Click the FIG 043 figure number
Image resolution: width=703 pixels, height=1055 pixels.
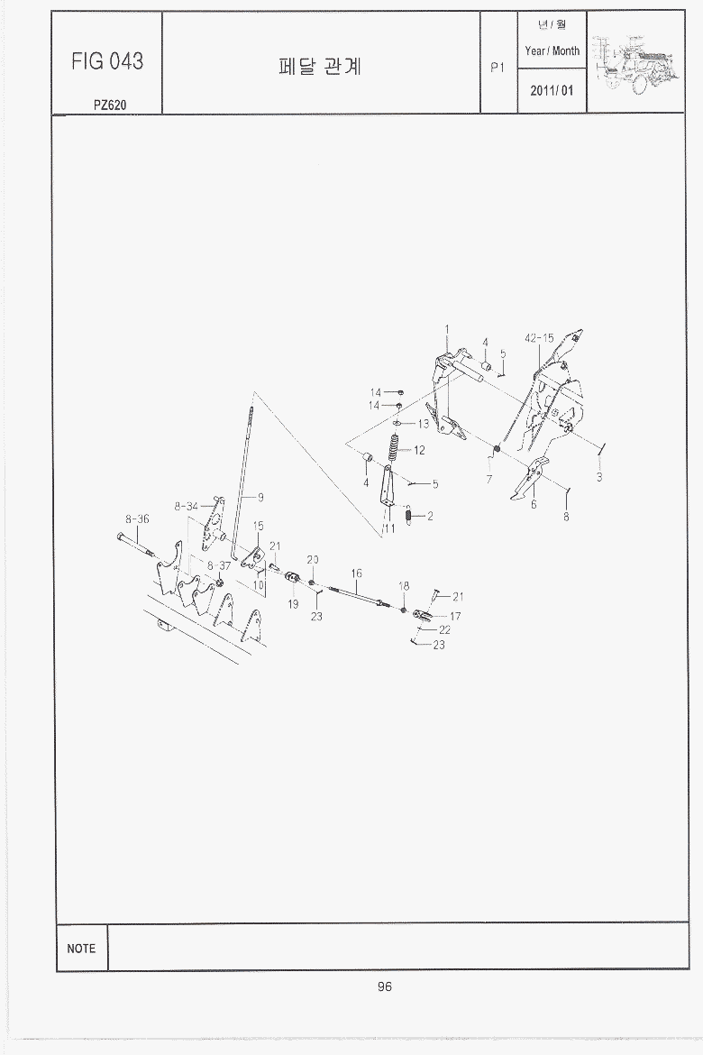coord(107,61)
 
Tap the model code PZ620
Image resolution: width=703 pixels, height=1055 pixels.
coord(110,105)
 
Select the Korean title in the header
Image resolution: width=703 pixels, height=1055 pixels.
coord(320,67)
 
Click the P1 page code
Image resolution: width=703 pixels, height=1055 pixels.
coord(498,68)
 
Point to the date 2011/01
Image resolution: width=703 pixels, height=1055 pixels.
coord(552,90)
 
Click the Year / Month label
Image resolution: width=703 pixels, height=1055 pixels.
coord(552,50)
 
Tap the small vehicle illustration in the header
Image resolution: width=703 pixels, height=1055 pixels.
coord(636,62)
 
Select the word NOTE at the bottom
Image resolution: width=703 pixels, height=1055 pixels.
coord(81,949)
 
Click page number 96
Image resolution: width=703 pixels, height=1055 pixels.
coord(385,986)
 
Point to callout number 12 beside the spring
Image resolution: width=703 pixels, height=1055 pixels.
coord(419,450)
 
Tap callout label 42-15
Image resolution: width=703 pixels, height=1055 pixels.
coord(539,338)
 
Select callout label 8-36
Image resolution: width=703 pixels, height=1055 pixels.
coord(137,518)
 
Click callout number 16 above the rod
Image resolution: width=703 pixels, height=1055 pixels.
coord(357,573)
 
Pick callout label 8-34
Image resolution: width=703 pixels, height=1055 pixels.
coord(187,506)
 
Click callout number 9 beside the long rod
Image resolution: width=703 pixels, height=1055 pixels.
coord(261,498)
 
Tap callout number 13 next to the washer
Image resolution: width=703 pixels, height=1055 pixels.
coord(423,424)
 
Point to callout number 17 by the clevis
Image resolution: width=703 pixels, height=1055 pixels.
coord(455,616)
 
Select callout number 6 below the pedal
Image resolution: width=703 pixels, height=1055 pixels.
coord(534,505)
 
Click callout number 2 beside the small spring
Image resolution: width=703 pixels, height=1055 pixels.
coord(430,516)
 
